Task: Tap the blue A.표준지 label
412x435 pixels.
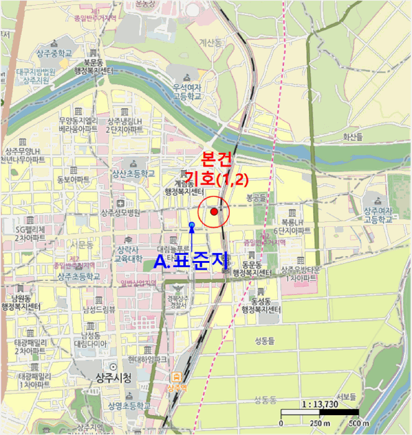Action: (192, 261)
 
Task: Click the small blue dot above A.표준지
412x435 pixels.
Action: (191, 225)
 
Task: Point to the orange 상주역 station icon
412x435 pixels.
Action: (176, 377)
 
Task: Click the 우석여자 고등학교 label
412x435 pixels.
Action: (187, 92)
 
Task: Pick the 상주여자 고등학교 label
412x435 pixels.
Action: (379, 215)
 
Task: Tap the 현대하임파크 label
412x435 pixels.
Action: (147, 359)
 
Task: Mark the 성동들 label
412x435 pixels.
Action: (267, 341)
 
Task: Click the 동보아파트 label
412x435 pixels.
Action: (73, 179)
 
